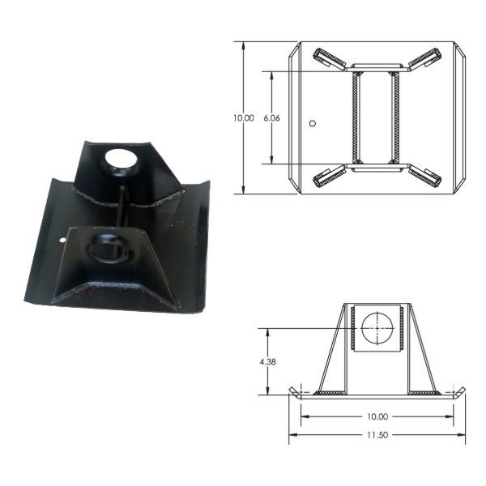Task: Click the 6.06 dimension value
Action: (271, 118)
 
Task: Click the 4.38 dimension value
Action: (267, 362)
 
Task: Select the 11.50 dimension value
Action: (377, 435)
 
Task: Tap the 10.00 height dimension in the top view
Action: (244, 118)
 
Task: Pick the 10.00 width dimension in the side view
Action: (377, 416)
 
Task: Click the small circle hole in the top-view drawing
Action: (313, 123)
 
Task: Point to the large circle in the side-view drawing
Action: (377, 328)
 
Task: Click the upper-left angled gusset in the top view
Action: (330, 59)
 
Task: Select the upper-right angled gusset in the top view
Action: (424, 59)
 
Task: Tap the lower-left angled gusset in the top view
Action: (330, 176)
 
